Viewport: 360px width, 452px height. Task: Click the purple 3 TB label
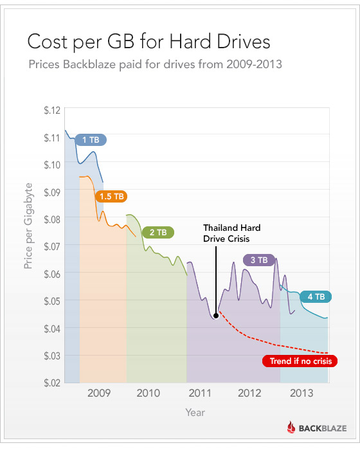pyautogui.click(x=259, y=260)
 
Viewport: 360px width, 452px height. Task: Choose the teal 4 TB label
pyautogui.click(x=316, y=296)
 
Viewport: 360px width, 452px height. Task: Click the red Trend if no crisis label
pyautogui.click(x=299, y=361)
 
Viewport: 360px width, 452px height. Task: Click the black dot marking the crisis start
pyautogui.click(x=216, y=316)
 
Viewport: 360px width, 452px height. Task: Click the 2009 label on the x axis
pyautogui.click(x=99, y=393)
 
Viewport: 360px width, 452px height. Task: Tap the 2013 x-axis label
pyautogui.click(x=302, y=393)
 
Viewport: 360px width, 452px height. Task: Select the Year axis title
pyautogui.click(x=195, y=412)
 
